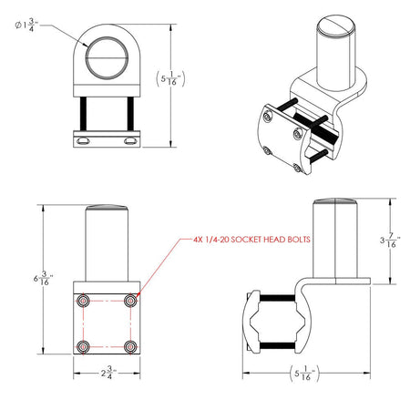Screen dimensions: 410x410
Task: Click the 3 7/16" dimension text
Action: tap(387, 241)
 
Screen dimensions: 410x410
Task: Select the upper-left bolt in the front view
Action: tap(83, 300)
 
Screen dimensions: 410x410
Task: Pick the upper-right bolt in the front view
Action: tap(130, 300)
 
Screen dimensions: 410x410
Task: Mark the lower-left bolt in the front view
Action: tap(83, 346)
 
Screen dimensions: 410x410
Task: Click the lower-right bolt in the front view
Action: tap(130, 346)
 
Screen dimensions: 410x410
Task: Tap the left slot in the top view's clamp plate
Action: tap(84, 141)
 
